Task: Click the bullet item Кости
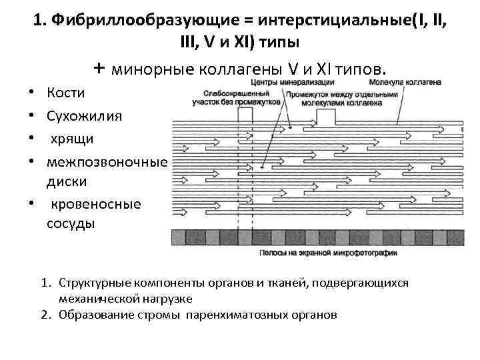(x=65, y=92)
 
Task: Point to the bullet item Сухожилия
(x=84, y=115)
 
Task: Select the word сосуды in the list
(x=71, y=223)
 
